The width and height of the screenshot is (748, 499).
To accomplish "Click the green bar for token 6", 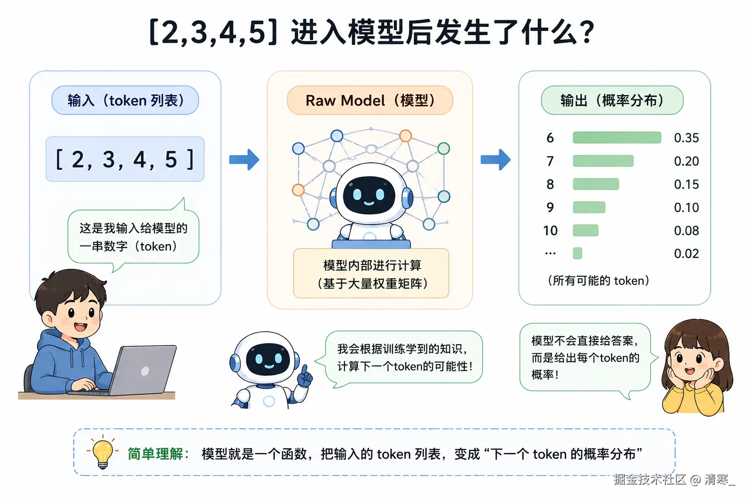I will tap(617, 137).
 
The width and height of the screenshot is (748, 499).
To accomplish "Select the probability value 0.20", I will tap(686, 161).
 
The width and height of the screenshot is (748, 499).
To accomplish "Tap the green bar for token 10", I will tap(585, 230).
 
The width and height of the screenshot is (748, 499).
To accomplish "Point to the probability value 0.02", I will tap(686, 253).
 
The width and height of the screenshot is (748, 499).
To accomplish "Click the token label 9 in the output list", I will tap(550, 208).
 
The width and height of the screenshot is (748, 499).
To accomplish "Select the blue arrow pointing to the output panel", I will tap(495, 159).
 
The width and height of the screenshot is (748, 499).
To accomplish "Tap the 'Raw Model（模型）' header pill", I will tap(370, 100).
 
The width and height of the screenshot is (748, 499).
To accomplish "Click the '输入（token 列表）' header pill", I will tap(125, 100).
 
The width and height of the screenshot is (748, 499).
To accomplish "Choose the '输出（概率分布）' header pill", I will tap(612, 100).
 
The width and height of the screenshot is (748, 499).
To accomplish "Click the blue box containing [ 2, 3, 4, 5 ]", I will tap(125, 159).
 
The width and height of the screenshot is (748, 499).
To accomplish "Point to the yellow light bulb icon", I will tap(102, 452).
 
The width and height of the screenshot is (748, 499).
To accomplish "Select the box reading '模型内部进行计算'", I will tap(371, 273).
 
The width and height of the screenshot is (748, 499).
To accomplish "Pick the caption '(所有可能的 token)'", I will tap(598, 281).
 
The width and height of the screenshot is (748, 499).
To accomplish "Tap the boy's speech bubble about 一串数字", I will tap(133, 237).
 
